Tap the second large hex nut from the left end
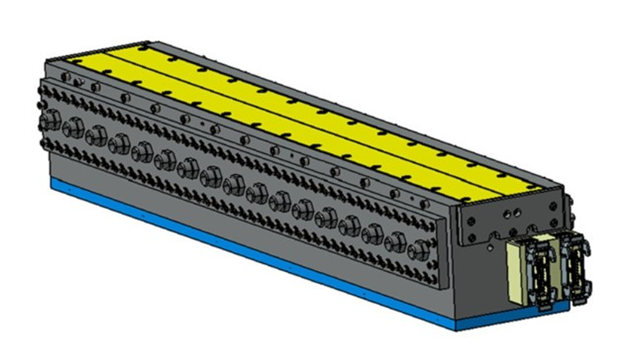point(73,129)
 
